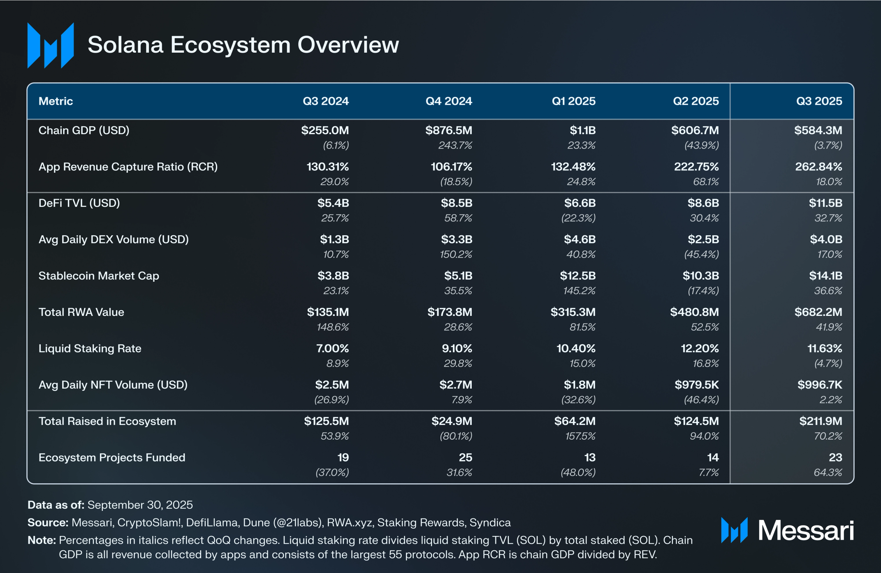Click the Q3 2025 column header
tap(819, 101)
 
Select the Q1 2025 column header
tap(573, 101)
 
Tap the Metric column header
tap(56, 101)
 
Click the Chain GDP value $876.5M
tap(449, 130)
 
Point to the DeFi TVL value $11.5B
tap(825, 203)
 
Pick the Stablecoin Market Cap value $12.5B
tap(577, 276)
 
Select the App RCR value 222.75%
tap(696, 167)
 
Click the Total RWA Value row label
tap(81, 312)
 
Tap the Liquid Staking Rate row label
tap(90, 348)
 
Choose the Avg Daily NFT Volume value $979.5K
tap(696, 385)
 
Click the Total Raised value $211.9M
tap(821, 421)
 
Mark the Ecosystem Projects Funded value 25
tap(465, 457)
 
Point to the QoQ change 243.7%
tap(455, 145)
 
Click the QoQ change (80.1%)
tap(456, 436)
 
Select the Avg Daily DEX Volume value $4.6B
tap(580, 239)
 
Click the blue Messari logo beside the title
tap(51, 45)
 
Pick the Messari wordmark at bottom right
tap(805, 530)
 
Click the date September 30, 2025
tap(140, 505)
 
